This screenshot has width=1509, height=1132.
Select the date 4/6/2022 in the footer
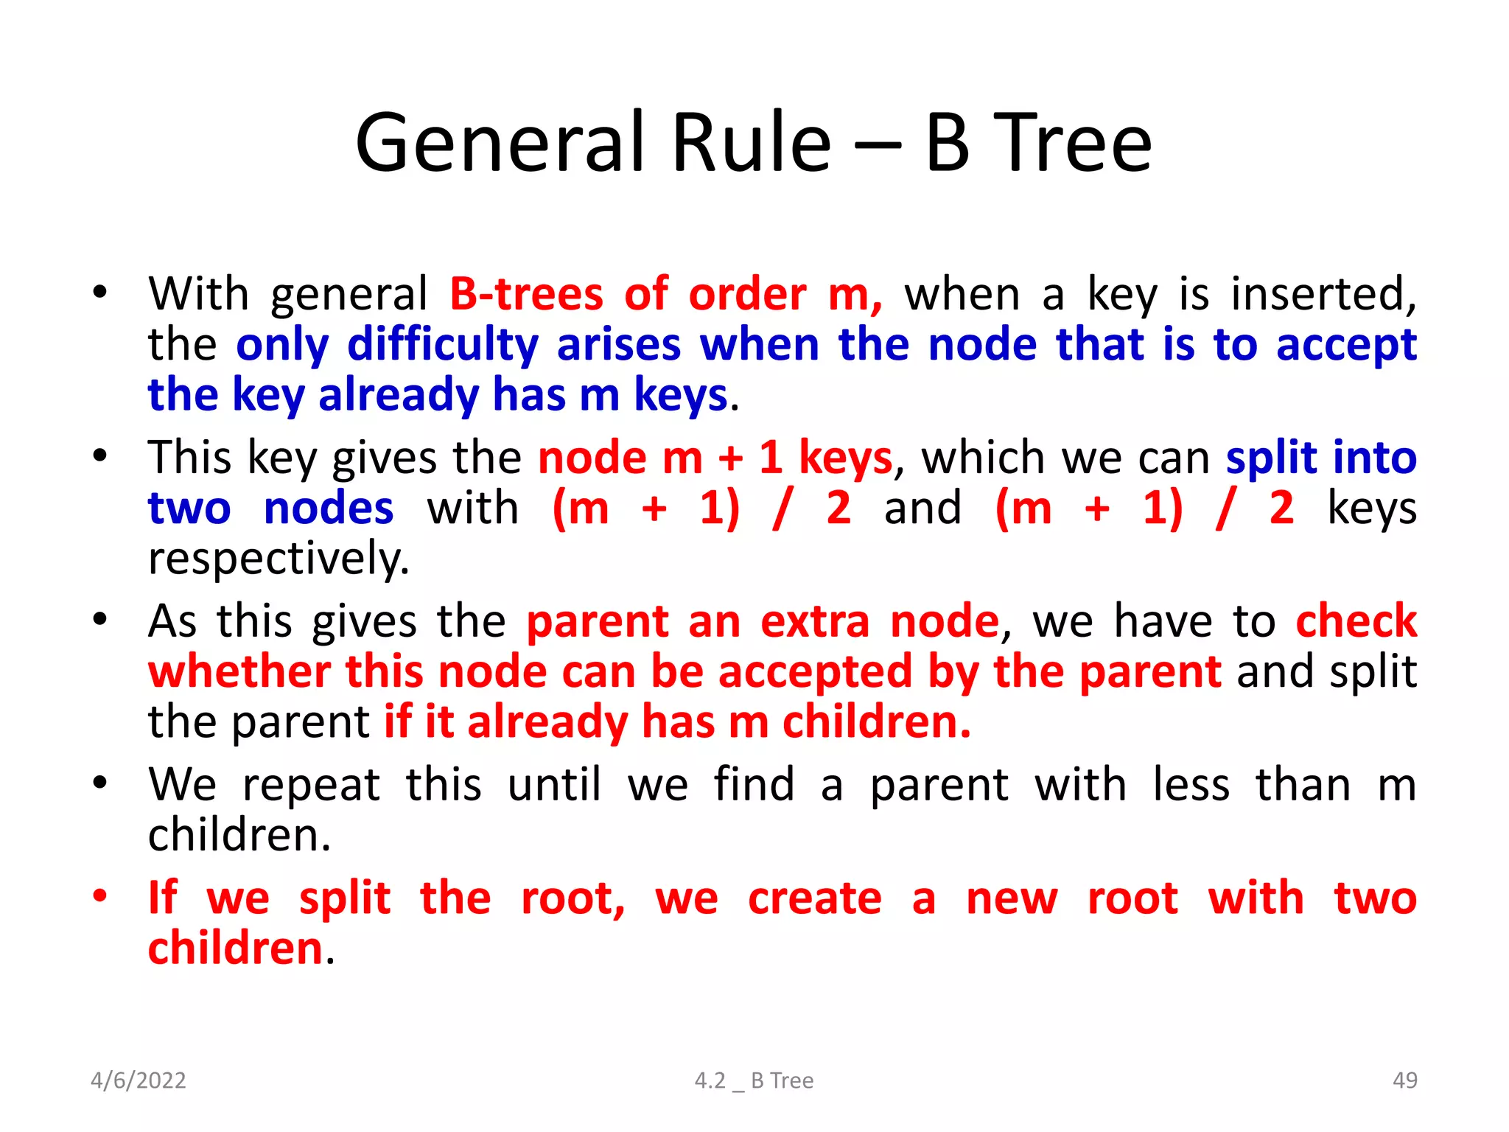138,1080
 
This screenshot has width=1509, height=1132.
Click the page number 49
1404,1080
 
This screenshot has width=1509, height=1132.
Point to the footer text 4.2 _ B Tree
754,1080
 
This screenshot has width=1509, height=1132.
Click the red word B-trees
526,294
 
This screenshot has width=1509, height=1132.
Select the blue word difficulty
442,345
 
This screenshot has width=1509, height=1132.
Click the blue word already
398,395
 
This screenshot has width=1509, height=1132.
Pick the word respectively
279,559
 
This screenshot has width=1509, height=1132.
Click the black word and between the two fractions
922,508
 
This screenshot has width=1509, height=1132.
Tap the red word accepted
814,672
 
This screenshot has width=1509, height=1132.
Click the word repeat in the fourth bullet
311,785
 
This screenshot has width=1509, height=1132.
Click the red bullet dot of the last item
100,896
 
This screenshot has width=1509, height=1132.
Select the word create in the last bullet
814,898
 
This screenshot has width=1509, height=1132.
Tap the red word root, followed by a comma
573,898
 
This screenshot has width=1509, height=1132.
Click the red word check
1356,621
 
